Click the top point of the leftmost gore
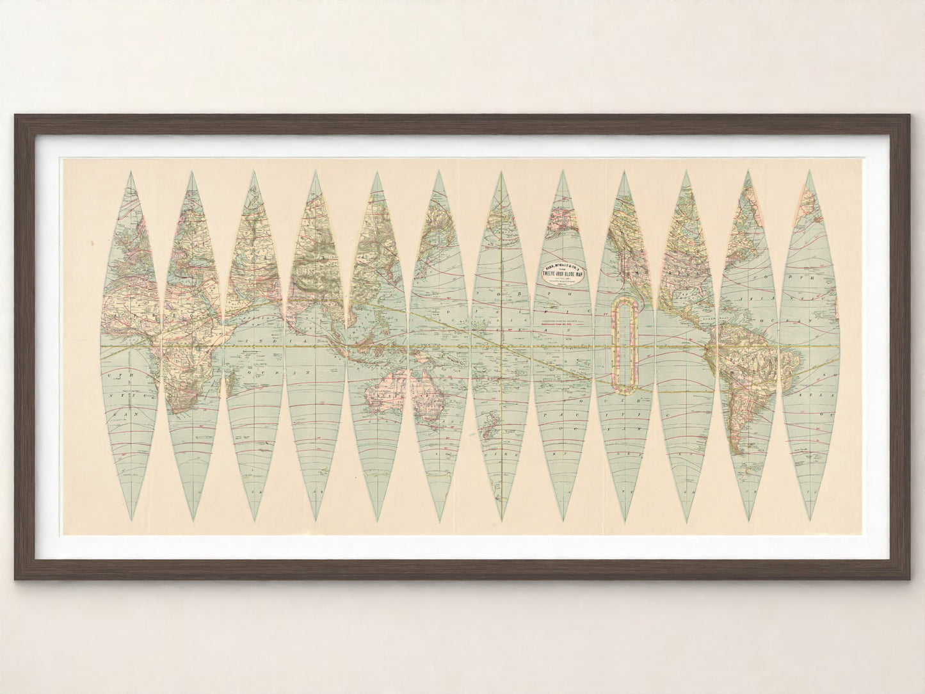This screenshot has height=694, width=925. point(130,172)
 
